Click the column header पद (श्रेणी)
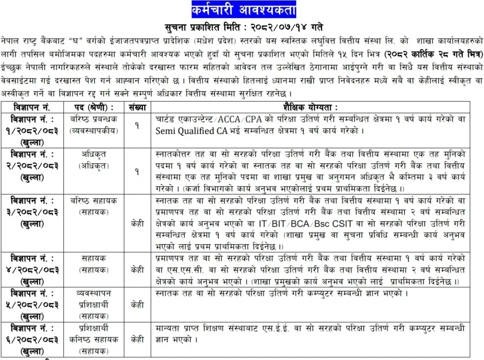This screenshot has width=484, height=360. [x=94, y=107]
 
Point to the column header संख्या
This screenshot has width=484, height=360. [x=137, y=107]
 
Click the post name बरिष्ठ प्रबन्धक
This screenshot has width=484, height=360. [x=94, y=119]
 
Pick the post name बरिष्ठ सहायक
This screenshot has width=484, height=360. [x=94, y=201]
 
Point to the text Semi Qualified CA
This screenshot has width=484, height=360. [x=185, y=131]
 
